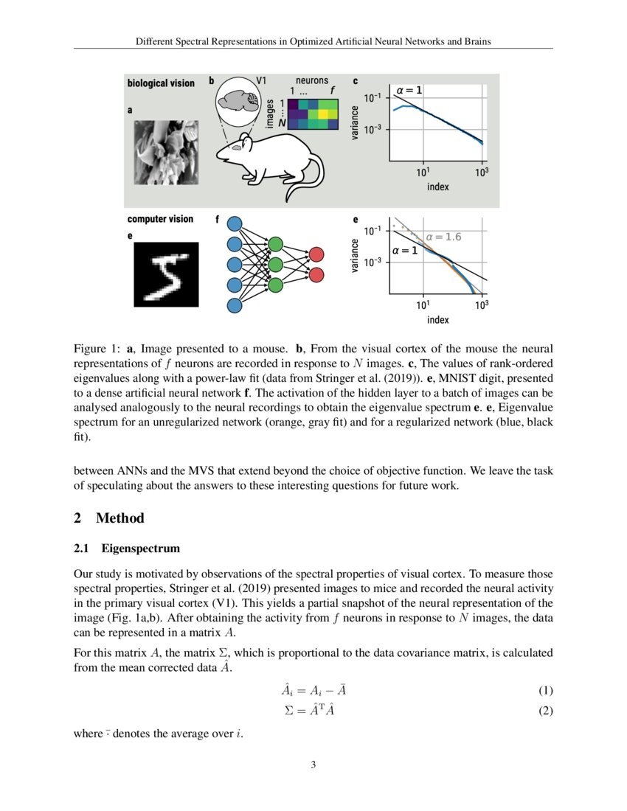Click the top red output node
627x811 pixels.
click(x=316, y=254)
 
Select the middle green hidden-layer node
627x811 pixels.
click(x=275, y=264)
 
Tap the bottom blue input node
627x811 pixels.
click(x=235, y=304)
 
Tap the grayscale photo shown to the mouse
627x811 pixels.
click(x=166, y=153)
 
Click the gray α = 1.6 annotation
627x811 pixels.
click(x=443, y=237)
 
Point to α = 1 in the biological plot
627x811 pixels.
click(x=409, y=90)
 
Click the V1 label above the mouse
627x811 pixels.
click(x=262, y=80)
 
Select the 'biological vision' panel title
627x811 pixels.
click(x=161, y=83)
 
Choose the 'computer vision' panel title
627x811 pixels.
click(x=160, y=219)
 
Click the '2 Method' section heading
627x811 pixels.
click(x=109, y=518)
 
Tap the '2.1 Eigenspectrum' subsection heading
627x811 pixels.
click(x=127, y=549)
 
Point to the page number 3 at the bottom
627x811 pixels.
click(x=313, y=765)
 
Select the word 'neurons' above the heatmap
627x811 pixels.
click(x=312, y=80)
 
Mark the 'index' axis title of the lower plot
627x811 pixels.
click(x=437, y=320)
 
